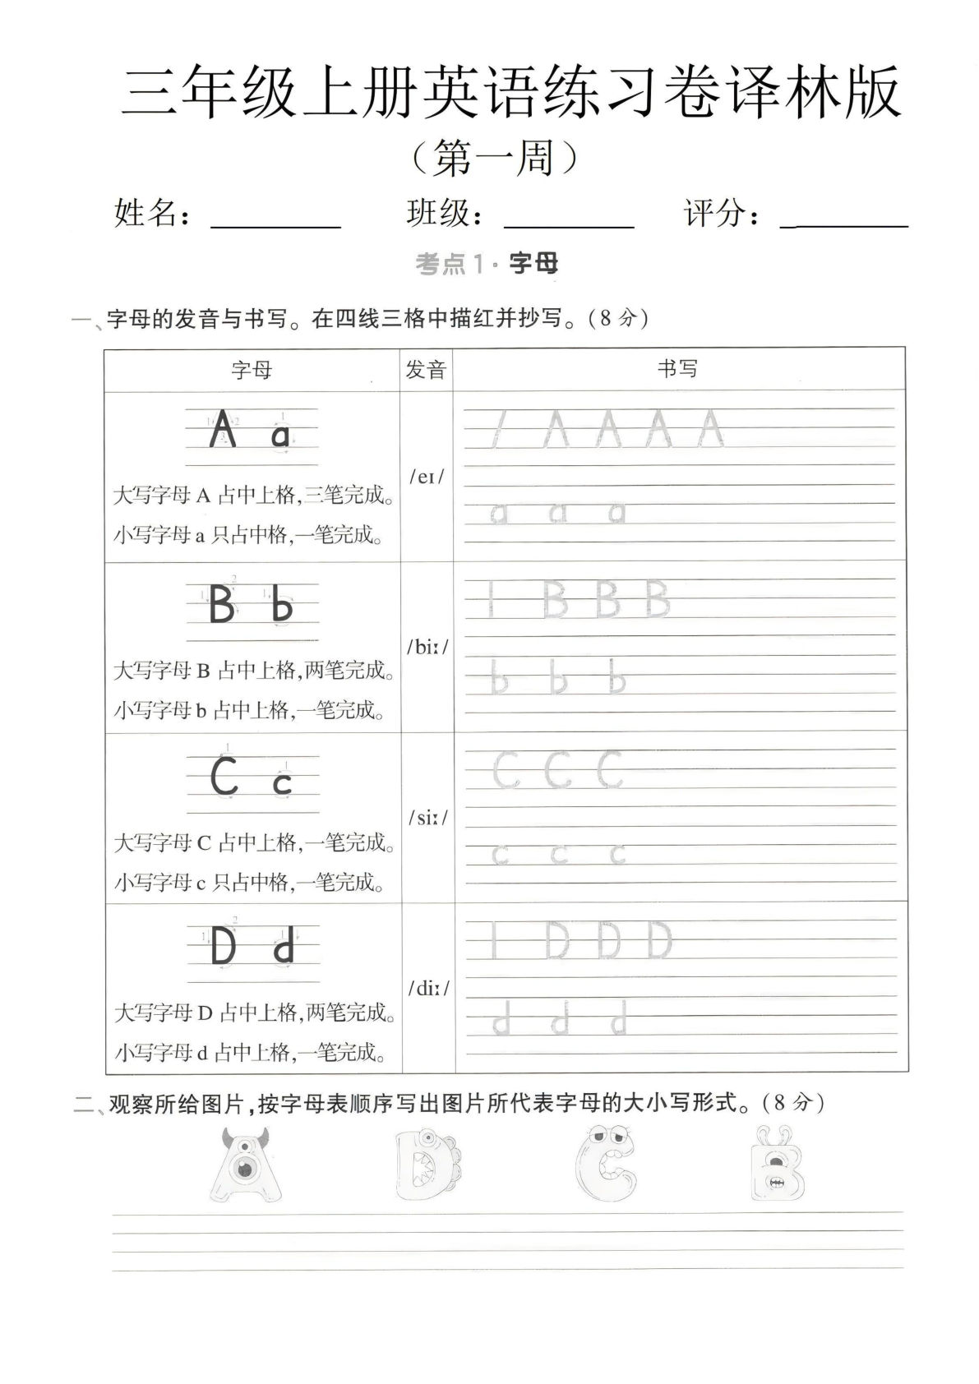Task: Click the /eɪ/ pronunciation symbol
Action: click(x=426, y=477)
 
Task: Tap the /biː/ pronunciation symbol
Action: click(x=427, y=647)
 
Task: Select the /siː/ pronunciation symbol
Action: click(x=427, y=818)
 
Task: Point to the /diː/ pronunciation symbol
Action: click(x=427, y=988)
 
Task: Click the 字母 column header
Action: click(x=252, y=370)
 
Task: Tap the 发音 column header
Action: click(x=426, y=370)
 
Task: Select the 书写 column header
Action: click(x=678, y=369)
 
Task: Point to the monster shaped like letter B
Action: click(x=777, y=1165)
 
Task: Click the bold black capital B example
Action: click(x=221, y=605)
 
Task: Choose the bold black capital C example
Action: click(x=224, y=777)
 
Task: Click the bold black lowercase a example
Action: click(x=280, y=435)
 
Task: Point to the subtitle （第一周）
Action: click(x=492, y=157)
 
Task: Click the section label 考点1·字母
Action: click(x=487, y=264)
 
